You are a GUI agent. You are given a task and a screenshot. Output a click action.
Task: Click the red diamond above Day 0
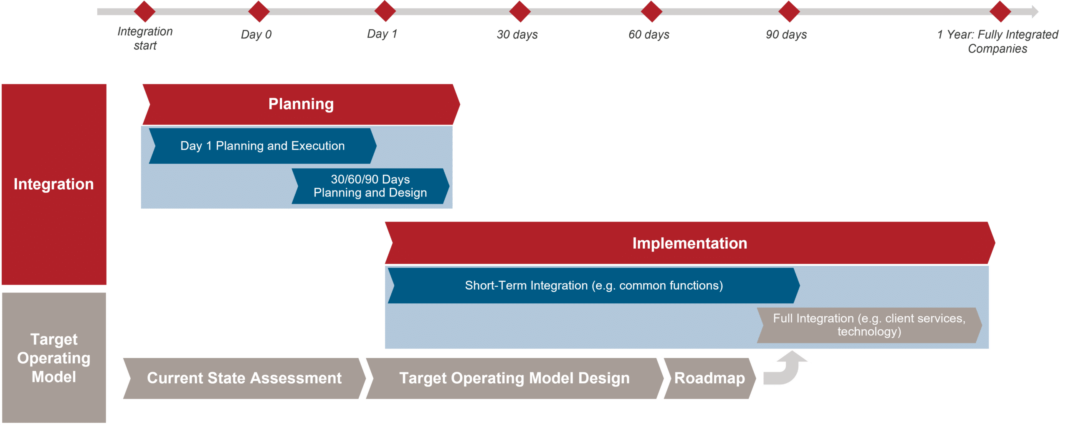(259, 11)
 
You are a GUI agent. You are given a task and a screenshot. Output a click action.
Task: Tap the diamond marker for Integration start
(144, 11)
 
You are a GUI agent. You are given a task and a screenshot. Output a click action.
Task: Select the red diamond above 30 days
(520, 11)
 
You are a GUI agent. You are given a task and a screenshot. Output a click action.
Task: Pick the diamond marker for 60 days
(651, 11)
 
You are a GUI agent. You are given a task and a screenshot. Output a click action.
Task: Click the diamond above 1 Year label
(1000, 11)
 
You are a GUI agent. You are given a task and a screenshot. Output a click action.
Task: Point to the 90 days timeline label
(786, 34)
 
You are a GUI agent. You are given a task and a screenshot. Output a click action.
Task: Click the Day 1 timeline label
(382, 34)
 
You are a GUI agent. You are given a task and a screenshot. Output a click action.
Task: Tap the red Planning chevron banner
(301, 104)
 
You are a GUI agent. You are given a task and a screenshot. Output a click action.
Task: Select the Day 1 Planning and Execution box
(263, 146)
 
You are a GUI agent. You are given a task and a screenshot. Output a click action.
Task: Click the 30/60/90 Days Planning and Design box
(370, 186)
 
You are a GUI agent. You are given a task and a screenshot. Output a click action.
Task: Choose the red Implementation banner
(690, 243)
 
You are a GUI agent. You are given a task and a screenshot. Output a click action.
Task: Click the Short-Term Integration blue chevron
(594, 285)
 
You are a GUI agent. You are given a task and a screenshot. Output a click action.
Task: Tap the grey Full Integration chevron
(869, 325)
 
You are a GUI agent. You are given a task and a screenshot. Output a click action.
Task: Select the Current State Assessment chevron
(244, 378)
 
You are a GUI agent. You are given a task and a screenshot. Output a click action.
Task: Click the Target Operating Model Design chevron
(514, 378)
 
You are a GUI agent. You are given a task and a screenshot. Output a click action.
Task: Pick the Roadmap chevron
(709, 378)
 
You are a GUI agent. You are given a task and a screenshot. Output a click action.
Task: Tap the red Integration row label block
(54, 184)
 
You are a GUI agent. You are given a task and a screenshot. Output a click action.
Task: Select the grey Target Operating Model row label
(54, 358)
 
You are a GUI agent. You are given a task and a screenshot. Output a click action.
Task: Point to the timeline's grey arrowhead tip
(1038, 11)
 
